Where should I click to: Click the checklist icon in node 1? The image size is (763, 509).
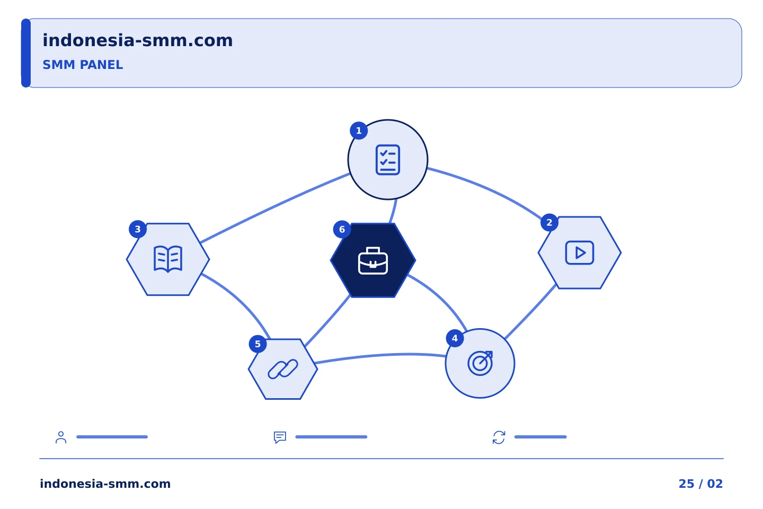pos(388,160)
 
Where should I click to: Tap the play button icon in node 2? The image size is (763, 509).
pos(580,252)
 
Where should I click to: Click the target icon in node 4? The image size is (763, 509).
pos(480,363)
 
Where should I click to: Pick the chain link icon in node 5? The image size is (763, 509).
pos(283,369)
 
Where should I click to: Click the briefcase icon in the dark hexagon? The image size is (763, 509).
pos(373,261)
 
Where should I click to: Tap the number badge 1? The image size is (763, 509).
pos(359,130)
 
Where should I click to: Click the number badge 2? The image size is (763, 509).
pos(549,223)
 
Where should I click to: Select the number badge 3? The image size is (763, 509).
pos(138,229)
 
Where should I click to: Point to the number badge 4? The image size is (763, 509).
pos(455,338)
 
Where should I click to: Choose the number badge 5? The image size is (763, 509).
pos(258,344)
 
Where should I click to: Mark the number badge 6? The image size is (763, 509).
pos(342,230)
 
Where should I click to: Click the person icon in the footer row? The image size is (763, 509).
pos(61,437)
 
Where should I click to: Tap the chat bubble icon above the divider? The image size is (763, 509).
pos(280,437)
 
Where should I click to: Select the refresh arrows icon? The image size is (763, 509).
pos(499,437)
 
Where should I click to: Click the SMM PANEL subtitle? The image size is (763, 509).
pos(83,65)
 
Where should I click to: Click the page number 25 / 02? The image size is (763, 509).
pos(700,484)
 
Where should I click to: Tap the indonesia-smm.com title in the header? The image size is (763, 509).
pos(138,40)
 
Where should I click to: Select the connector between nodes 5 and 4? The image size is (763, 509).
pos(380,356)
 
